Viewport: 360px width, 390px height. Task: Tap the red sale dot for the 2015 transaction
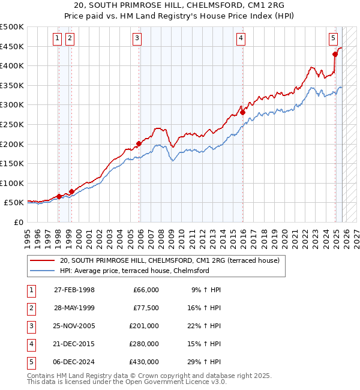coord(243,112)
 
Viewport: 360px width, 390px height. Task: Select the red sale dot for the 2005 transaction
coord(139,143)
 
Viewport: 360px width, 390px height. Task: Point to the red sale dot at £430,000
coord(335,54)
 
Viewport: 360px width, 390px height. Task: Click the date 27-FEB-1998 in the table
coord(74,290)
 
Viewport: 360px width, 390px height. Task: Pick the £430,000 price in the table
coord(143,362)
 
